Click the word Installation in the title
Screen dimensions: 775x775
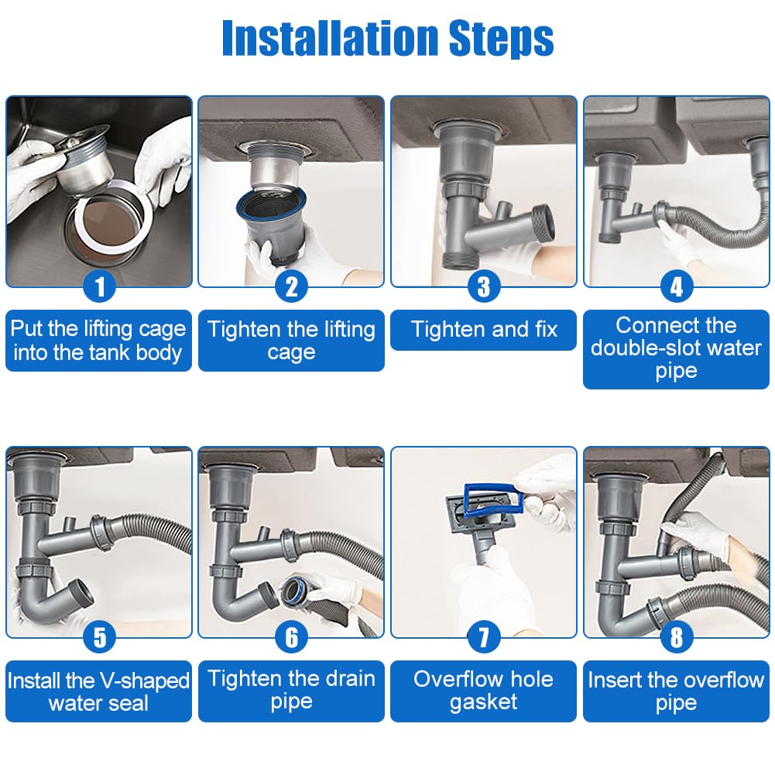pos(330,38)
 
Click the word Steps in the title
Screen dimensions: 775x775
pos(501,39)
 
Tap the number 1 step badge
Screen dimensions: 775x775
pos(99,286)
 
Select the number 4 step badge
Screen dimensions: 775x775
pos(676,286)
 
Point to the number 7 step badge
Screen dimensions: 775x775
pos(484,637)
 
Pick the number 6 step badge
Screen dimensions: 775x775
pos(292,637)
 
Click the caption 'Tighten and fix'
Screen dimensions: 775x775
pos(484,329)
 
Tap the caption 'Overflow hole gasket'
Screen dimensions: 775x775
pos(483,691)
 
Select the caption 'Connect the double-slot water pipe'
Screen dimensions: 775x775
pos(676,348)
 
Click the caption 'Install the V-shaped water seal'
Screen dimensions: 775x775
pos(98,691)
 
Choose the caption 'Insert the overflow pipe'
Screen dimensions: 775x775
pos(676,691)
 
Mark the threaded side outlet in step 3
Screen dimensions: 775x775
pos(540,224)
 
